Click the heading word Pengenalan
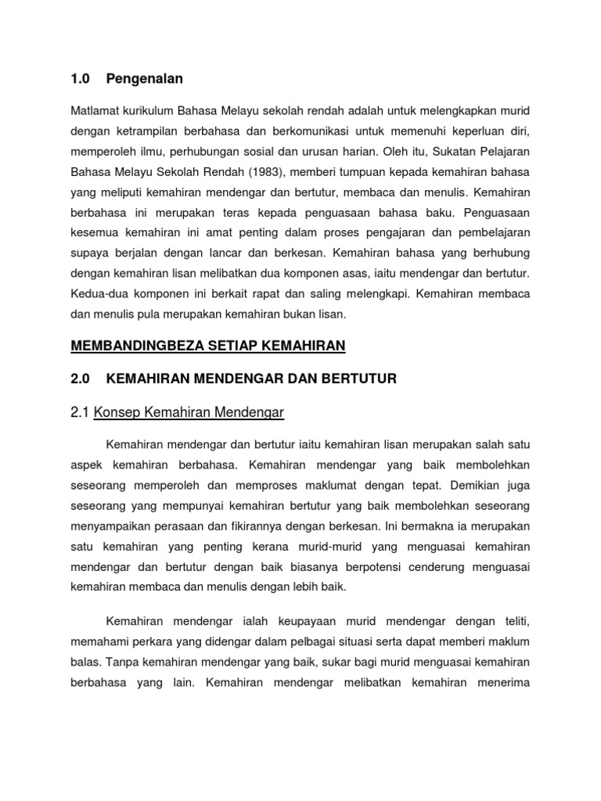coord(149,78)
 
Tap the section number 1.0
coord(81,78)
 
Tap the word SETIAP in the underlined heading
coord(232,345)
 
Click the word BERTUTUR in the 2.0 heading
coord(361,379)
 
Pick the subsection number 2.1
coord(81,412)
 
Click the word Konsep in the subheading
coord(116,412)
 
